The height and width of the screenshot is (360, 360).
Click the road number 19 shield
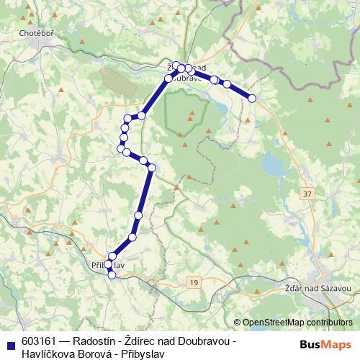point(194,283)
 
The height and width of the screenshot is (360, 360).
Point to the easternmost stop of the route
point(252,98)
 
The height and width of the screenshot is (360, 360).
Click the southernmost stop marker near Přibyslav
point(111,274)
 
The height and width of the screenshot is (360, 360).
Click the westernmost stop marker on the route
point(120,148)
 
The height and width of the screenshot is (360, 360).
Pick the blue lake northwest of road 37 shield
point(273,165)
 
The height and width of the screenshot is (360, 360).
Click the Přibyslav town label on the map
point(109,265)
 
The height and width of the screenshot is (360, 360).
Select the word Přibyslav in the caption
point(141,354)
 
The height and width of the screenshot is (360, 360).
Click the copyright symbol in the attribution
point(237,323)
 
